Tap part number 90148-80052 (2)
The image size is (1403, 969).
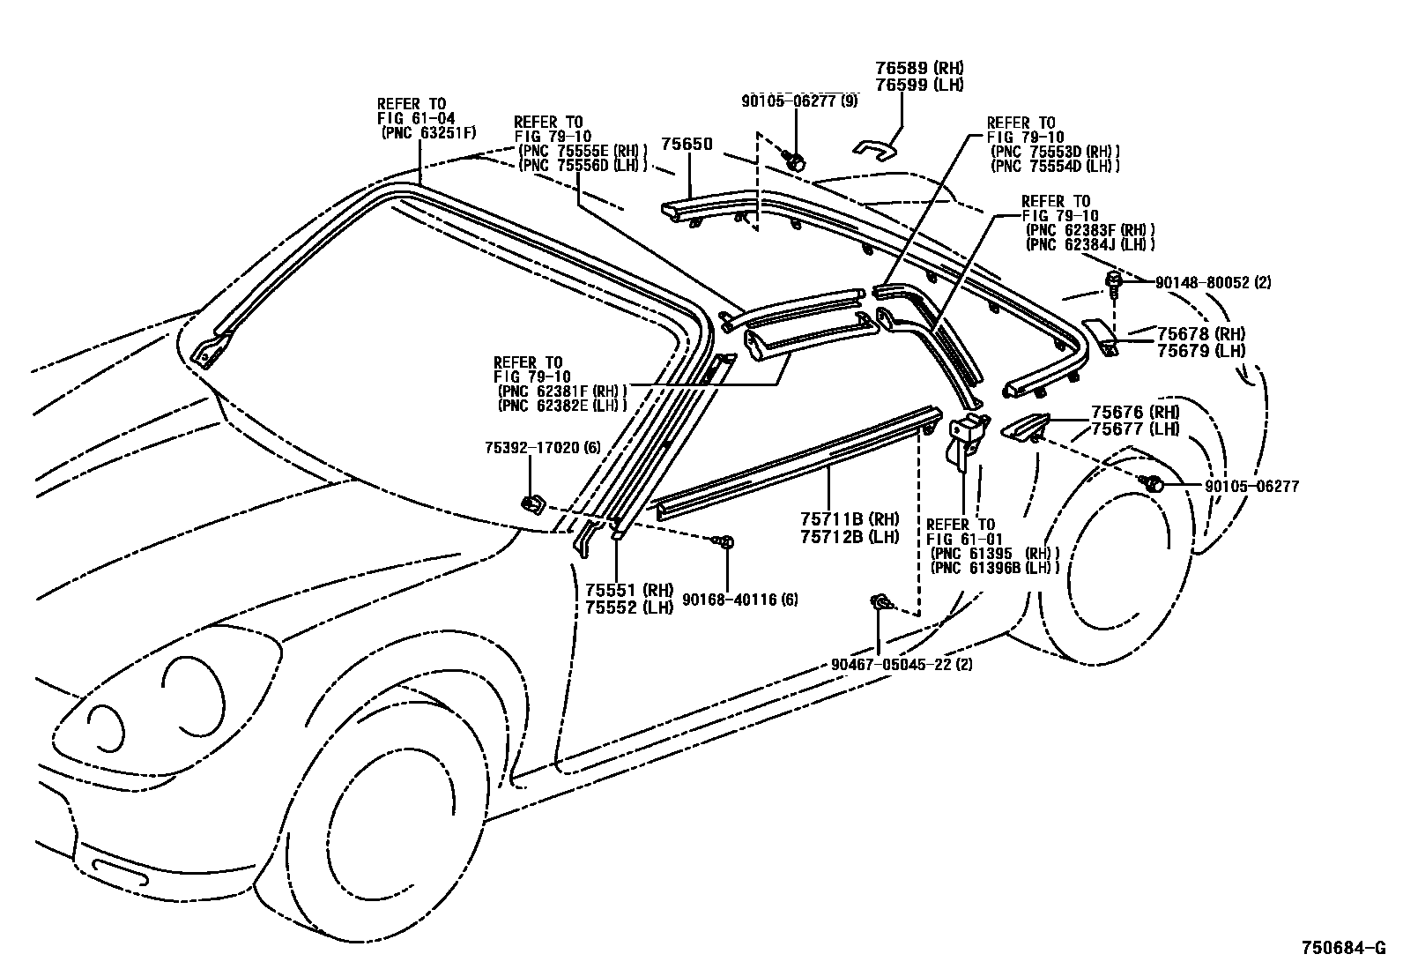(x=1212, y=283)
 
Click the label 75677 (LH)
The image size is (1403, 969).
(x=1134, y=429)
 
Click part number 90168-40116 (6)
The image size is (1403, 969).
(x=740, y=600)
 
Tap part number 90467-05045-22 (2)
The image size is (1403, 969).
(x=901, y=664)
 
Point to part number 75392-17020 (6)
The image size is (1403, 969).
(x=542, y=448)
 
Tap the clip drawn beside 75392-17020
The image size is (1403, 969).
(x=531, y=504)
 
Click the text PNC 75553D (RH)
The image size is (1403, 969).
(x=1055, y=151)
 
